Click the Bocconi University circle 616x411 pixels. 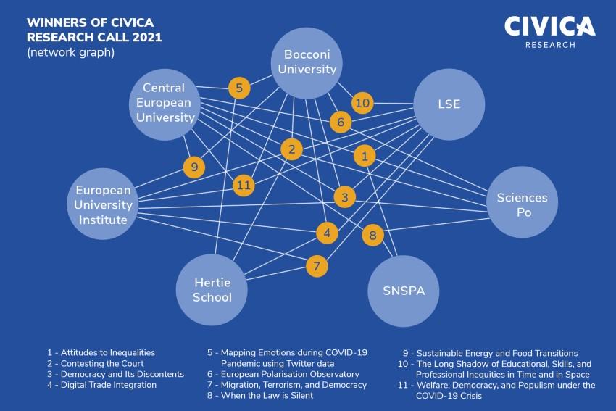pos(307,63)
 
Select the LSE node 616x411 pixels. pos(449,104)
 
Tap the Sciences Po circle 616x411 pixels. pos(522,202)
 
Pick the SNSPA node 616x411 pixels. pos(404,291)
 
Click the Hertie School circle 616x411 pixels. pos(212,290)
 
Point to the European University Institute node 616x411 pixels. pos(103,204)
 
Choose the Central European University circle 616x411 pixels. pos(165,104)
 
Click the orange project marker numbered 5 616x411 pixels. pos(239,88)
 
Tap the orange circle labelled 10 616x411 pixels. pos(362,103)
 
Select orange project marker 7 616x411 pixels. pos(317,266)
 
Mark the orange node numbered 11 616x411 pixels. pos(244,185)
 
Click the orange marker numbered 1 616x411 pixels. pos(365,156)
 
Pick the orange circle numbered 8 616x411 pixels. pos(372,235)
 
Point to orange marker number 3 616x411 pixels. pos(345,197)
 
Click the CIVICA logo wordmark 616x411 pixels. pos(550,26)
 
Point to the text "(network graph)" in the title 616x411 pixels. pos(71,52)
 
